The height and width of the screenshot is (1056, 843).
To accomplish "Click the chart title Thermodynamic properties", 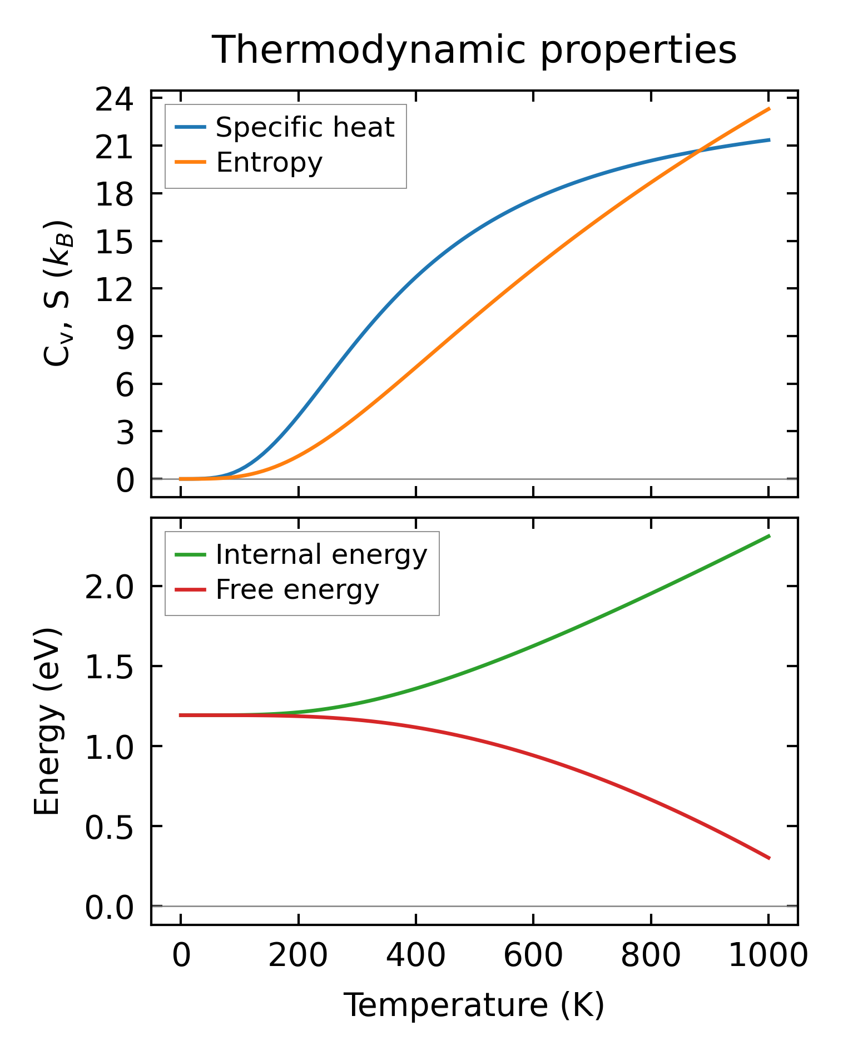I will point(474,50).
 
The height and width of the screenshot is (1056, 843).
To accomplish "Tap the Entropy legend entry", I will point(269,162).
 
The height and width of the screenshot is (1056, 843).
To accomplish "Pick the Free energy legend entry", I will point(297,589).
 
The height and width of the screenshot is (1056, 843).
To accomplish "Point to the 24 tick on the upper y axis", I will point(115,100).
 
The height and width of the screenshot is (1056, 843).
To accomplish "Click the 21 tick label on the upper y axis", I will point(115,147).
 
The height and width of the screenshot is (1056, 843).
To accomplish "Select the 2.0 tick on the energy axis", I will point(110,587).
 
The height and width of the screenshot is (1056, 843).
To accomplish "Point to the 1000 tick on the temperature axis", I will point(768,955).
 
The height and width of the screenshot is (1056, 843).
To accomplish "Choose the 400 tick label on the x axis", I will point(416,955).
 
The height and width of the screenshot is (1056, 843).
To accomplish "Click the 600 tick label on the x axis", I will point(533,955).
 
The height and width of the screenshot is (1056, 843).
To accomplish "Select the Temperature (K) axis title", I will point(474,1005).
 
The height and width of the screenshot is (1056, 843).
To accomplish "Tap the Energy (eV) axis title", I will point(47,722).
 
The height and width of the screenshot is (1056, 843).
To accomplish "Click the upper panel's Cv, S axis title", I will point(57,293).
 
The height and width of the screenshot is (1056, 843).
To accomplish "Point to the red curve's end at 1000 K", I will point(769,858).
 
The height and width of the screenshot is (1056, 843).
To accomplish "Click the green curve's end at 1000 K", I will point(769,535).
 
